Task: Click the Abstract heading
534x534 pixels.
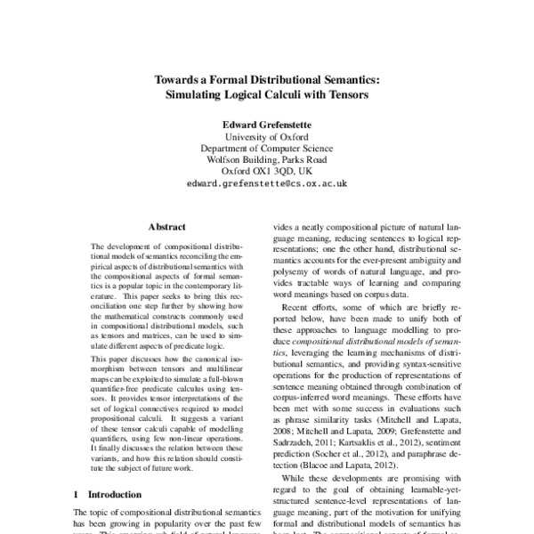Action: [x=167, y=227]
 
